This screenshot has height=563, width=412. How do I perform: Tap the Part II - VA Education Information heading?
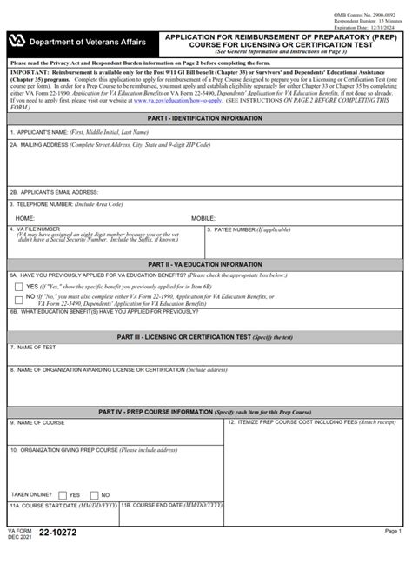point(206,262)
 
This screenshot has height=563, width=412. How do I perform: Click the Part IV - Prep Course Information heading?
point(206,411)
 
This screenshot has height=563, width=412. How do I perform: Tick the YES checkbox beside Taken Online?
point(63,493)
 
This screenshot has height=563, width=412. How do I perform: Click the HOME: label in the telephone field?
point(26,217)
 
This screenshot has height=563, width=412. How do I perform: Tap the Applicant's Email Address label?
point(55,191)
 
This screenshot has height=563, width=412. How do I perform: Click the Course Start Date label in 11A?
point(63,505)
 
